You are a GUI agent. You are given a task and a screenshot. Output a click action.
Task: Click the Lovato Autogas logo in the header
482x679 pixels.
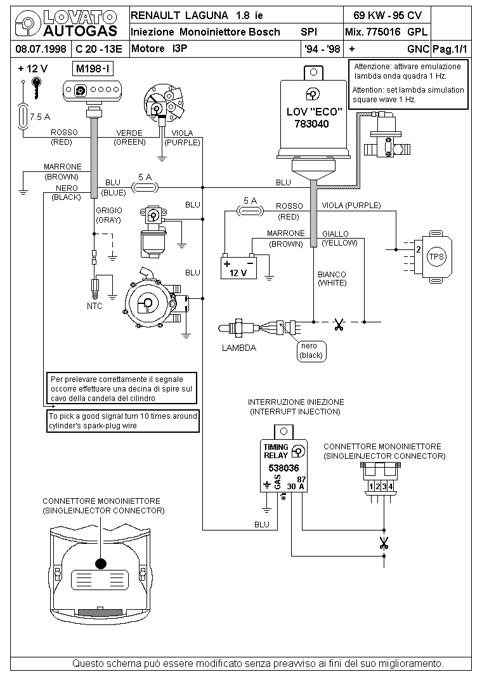click(66, 23)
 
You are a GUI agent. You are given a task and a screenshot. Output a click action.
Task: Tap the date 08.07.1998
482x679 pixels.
click(41, 49)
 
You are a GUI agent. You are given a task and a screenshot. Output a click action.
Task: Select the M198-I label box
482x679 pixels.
click(93, 69)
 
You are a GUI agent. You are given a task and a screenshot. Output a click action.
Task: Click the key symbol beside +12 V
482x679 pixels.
click(36, 88)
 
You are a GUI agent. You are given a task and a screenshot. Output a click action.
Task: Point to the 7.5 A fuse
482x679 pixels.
click(22, 116)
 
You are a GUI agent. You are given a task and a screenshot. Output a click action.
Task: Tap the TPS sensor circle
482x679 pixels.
click(436, 256)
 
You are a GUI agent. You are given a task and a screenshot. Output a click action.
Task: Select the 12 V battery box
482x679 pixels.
click(238, 268)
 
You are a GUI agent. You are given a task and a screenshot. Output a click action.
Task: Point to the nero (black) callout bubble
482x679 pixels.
click(311, 351)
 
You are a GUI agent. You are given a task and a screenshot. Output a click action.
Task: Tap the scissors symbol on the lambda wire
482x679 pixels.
click(339, 324)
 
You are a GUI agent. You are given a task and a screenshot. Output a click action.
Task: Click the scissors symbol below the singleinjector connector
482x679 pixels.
click(384, 543)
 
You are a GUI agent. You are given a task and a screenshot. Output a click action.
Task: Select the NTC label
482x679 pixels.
click(94, 306)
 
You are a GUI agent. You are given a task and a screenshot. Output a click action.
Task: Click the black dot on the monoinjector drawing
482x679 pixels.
click(101, 564)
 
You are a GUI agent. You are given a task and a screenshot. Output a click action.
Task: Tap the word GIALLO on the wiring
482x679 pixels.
click(335, 234)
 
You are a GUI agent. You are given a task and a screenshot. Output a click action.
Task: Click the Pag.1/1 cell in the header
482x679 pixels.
click(450, 49)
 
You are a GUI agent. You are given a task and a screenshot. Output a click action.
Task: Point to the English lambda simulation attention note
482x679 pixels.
click(408, 95)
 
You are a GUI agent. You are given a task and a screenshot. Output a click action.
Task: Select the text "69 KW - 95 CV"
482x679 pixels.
click(388, 15)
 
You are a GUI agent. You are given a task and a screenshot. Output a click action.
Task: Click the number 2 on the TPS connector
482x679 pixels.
click(419, 249)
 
